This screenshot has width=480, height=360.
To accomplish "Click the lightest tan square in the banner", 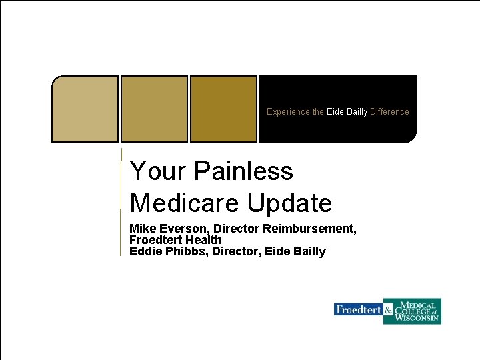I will click(85, 109).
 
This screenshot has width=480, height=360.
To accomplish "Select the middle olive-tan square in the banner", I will click(154, 109).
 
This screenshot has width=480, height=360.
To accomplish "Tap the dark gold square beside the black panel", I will click(223, 109).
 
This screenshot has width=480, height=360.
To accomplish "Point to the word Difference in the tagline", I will click(389, 112).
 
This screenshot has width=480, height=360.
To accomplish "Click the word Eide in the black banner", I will click(335, 112).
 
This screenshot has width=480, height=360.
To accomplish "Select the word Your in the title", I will click(157, 171).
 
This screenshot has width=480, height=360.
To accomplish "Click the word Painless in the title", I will click(243, 171).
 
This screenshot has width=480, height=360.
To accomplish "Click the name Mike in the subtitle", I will click(142, 229).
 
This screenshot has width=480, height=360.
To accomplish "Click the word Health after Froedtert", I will click(203, 240).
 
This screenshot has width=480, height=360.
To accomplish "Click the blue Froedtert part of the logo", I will click(358, 310).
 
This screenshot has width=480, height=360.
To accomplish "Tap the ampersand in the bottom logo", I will click(388, 310).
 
